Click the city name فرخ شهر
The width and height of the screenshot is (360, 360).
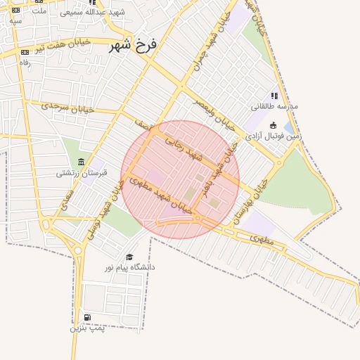point(134,46)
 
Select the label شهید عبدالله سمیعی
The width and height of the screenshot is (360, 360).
point(91,13)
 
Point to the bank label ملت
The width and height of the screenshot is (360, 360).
point(39,11)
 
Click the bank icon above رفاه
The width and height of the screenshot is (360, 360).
point(25,52)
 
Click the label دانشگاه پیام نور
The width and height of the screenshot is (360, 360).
point(130,267)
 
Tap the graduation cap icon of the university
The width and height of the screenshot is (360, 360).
point(129,257)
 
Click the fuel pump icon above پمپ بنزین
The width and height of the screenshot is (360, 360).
point(87,318)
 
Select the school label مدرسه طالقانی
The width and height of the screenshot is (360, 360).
point(275,106)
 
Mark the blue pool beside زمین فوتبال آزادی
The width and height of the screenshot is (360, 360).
point(289,127)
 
